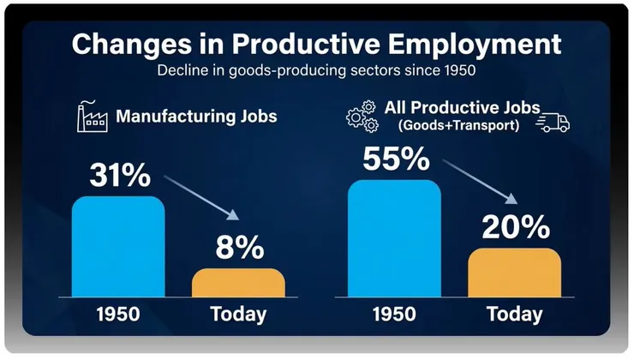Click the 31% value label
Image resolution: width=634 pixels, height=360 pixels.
pyautogui.click(x=121, y=176)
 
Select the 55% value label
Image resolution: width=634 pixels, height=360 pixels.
pyautogui.click(x=397, y=159)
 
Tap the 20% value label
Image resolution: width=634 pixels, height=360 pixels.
pyautogui.click(x=515, y=227)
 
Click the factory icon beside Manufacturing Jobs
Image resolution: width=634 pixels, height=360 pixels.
pyautogui.click(x=92, y=116)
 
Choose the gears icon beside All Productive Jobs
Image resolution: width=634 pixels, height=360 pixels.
pyautogui.click(x=362, y=117)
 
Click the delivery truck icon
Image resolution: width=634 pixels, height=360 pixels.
pyautogui.click(x=553, y=123)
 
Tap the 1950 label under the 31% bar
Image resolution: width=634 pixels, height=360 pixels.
pyautogui.click(x=117, y=314)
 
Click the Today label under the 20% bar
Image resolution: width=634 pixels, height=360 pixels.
pyautogui.click(x=514, y=314)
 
